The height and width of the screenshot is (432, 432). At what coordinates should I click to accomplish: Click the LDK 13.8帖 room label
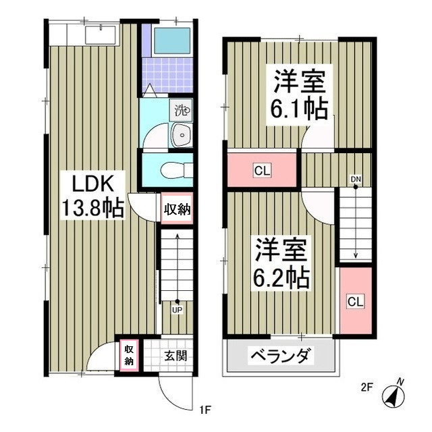93,195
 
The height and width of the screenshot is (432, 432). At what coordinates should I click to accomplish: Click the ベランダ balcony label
281,356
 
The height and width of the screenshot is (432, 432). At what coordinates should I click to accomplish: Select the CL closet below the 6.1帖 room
262,171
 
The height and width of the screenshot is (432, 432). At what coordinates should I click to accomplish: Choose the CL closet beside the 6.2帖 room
355,301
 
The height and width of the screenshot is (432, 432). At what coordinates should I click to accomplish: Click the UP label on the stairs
177,310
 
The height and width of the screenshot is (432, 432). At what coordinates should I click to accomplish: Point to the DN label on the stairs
355,179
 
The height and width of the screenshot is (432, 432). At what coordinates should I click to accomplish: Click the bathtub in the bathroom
172,41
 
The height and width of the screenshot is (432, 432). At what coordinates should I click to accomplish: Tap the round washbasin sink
181,136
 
